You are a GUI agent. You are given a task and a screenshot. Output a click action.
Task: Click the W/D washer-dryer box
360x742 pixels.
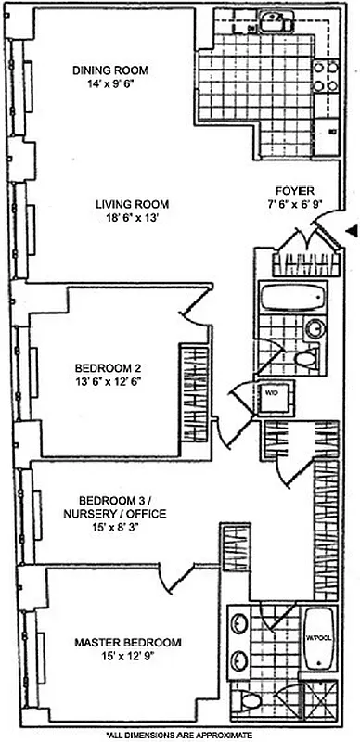coord(276,392)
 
